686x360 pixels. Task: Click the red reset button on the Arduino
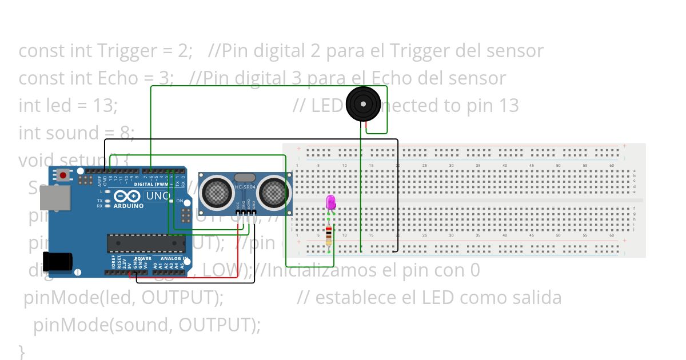click(x=62, y=174)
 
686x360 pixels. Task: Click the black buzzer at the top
click(x=362, y=104)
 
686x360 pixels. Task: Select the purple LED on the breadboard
click(x=330, y=202)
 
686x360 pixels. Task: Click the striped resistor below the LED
click(x=329, y=234)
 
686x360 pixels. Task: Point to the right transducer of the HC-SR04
click(x=273, y=191)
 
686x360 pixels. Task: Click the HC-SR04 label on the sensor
click(x=245, y=187)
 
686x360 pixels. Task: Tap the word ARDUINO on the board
click(x=129, y=206)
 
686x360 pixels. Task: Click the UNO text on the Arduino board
click(x=157, y=196)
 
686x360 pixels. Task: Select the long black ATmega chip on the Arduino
click(x=146, y=243)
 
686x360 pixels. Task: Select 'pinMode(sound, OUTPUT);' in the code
click(x=147, y=325)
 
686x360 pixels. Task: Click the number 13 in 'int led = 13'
click(x=106, y=106)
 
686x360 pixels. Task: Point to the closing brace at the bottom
click(x=22, y=350)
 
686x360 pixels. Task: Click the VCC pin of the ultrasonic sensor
click(x=238, y=213)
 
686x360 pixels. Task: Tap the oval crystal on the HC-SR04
click(x=245, y=178)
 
